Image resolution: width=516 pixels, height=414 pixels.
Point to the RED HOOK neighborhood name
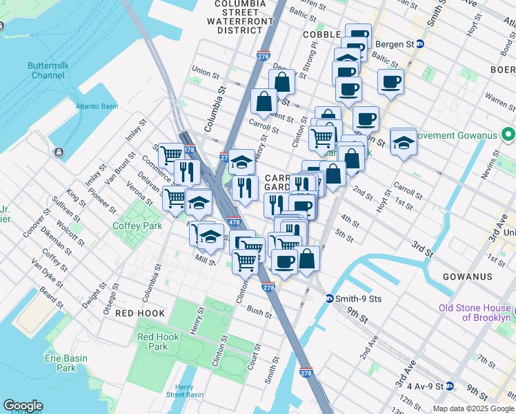(x=140, y=313)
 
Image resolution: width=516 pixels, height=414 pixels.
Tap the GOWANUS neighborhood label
(x=468, y=277)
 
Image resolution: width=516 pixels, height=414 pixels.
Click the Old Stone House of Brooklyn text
(x=477, y=313)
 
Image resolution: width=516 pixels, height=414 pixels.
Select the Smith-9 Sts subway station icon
(x=330, y=299)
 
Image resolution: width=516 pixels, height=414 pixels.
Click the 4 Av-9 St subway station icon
(x=449, y=386)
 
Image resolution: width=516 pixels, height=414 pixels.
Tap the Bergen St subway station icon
(x=419, y=44)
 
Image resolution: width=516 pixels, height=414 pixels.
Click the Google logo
(x=23, y=406)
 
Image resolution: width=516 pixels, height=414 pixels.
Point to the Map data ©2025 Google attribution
(x=473, y=408)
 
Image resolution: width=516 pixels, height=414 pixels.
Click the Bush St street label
(x=257, y=311)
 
